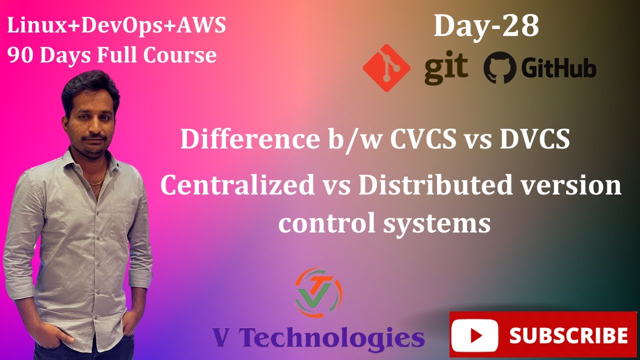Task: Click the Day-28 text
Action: [x=486, y=26]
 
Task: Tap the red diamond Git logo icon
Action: [x=386, y=68]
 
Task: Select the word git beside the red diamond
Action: [x=446, y=68]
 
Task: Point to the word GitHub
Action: [x=558, y=68]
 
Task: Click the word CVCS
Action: [x=422, y=139]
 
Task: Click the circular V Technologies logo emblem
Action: [x=318, y=293]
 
